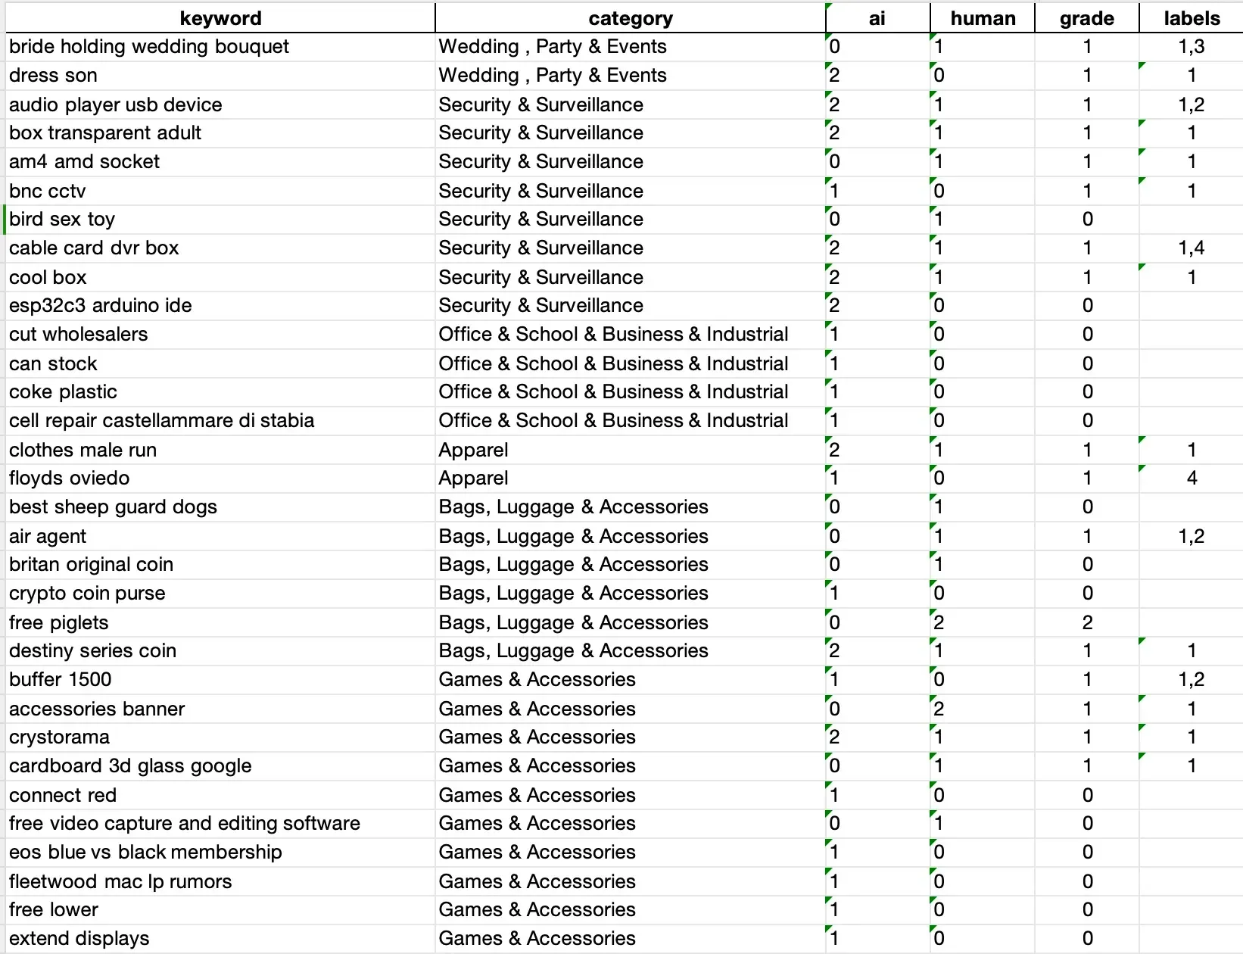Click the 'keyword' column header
pos(220,18)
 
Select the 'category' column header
pos(630,18)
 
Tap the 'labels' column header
pos(1192,18)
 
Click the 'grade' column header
pos(1086,18)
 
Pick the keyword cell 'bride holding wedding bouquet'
pos(149,47)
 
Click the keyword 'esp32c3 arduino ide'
pos(101,306)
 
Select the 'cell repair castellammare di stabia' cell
pos(161,421)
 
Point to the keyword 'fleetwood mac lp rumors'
pos(120,881)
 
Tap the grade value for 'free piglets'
pos(1087,622)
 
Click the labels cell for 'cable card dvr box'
pos(1192,248)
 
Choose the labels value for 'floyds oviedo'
pos(1192,479)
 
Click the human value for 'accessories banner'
pos(939,709)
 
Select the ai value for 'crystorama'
pos(834,737)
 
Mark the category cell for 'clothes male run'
pos(474,450)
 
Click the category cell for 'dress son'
pos(553,76)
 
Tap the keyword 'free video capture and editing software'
pos(185,824)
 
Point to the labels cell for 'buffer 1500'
pos(1192,680)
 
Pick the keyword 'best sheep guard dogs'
pos(114,507)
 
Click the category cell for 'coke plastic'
pos(613,392)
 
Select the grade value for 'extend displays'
pos(1087,939)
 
